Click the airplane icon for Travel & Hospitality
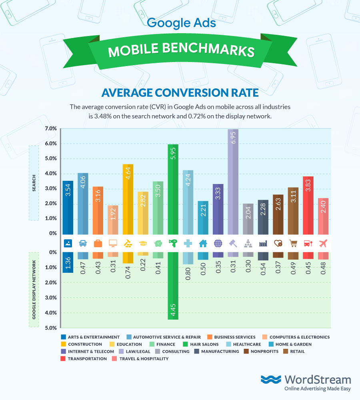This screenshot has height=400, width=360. [x=323, y=243]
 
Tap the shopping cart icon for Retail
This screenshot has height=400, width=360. [x=293, y=243]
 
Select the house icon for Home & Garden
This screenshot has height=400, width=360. [x=203, y=243]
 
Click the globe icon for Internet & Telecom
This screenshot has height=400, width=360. [x=218, y=243]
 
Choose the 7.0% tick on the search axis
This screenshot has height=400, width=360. [x=50, y=129]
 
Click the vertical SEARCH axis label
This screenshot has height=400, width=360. [x=34, y=182]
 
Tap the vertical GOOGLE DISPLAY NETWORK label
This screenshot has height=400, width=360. [x=34, y=290]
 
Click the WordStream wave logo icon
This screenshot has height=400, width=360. [x=271, y=380]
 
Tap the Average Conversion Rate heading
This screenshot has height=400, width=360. [x=180, y=93]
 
